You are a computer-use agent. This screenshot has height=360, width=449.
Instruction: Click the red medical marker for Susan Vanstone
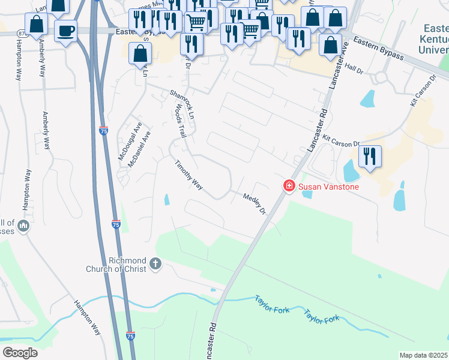(x=289, y=187)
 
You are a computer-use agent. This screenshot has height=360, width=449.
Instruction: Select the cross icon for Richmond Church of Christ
(x=155, y=263)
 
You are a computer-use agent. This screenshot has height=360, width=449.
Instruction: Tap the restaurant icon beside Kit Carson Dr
(x=370, y=157)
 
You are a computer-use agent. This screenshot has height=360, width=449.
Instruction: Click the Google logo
(x=20, y=353)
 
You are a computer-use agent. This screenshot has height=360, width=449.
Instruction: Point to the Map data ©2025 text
(x=423, y=355)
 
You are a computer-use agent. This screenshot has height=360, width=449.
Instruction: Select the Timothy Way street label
(x=188, y=175)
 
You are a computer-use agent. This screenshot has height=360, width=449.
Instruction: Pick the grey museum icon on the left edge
(x=23, y=226)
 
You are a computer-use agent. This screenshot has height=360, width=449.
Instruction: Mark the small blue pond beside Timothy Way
(x=166, y=199)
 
